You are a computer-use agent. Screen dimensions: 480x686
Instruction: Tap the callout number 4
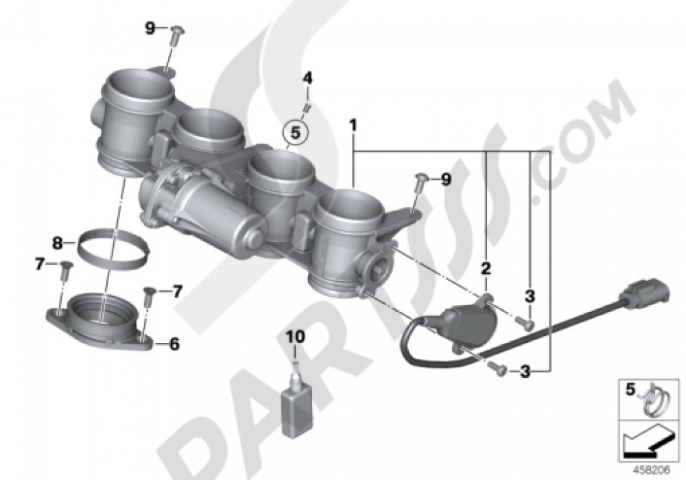click(x=308, y=78)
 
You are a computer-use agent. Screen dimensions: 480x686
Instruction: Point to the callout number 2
click(x=486, y=268)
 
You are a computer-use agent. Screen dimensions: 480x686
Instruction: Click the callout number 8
click(x=58, y=241)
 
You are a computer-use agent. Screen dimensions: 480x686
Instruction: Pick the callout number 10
click(x=294, y=337)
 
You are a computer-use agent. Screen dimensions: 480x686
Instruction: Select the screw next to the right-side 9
click(x=421, y=182)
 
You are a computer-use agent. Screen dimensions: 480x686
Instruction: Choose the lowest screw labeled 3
click(x=499, y=370)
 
